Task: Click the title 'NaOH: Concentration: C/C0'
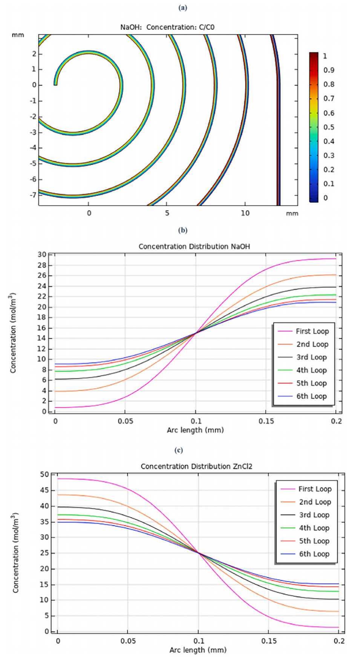(x=167, y=27)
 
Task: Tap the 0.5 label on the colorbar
(x=329, y=127)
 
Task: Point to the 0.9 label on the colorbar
(x=329, y=70)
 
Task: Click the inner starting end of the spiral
(x=55, y=84)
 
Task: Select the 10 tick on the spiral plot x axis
(x=245, y=213)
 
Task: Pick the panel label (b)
(x=182, y=230)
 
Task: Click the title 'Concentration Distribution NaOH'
(x=194, y=247)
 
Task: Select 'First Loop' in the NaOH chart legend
(x=312, y=331)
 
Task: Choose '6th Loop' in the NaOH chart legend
(x=311, y=396)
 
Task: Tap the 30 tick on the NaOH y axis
(x=42, y=255)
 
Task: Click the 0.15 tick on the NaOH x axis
(x=266, y=421)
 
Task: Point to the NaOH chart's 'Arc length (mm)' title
(x=195, y=430)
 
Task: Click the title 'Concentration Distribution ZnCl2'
(x=196, y=466)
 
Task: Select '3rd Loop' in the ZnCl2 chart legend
(x=314, y=515)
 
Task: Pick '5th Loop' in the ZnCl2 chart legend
(x=314, y=541)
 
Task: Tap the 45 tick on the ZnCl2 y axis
(x=44, y=490)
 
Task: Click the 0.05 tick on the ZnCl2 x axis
(x=128, y=641)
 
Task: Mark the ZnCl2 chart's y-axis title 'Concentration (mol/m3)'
(x=15, y=553)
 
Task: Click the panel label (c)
(x=178, y=450)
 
